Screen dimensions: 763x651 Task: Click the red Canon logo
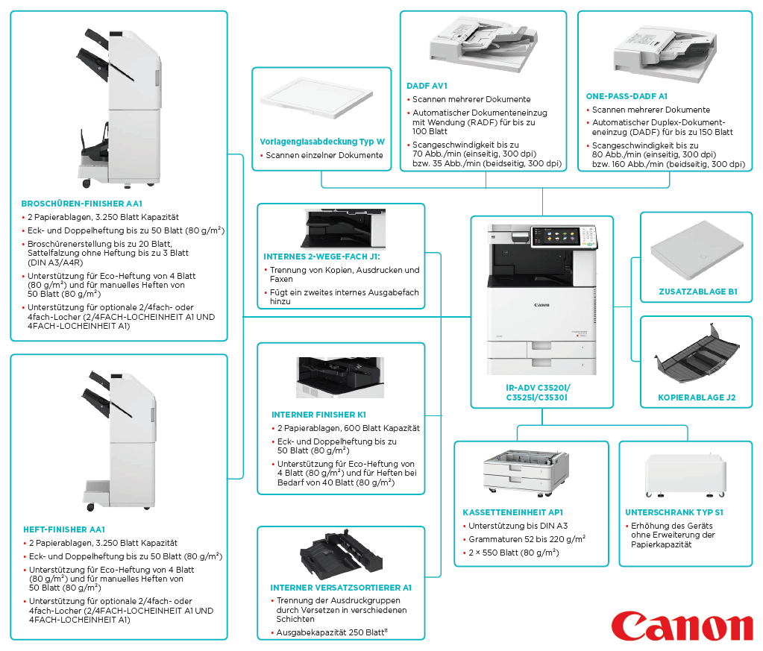click(682, 626)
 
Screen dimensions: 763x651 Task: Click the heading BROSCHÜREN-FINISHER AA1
click(82, 204)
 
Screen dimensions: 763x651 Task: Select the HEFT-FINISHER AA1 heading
click(64, 529)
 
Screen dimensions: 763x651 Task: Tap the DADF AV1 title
click(427, 86)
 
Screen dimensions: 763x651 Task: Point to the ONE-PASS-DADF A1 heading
click(627, 96)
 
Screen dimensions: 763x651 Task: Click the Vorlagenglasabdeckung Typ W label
click(322, 142)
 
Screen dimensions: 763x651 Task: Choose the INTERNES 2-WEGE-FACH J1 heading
click(321, 257)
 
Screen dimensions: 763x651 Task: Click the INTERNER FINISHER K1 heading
click(318, 415)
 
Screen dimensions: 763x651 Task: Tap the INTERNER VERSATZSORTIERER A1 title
click(341, 588)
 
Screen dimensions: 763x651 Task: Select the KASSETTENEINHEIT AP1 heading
click(513, 512)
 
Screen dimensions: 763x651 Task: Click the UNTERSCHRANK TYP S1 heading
click(674, 512)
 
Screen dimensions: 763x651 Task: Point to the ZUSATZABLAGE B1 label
click(698, 292)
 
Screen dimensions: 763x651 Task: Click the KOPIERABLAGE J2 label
click(697, 397)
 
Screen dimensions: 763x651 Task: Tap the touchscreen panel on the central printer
click(556, 236)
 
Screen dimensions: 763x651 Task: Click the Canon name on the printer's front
click(541, 305)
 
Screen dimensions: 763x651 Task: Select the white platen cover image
click(316, 98)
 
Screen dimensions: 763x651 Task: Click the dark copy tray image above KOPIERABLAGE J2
click(697, 353)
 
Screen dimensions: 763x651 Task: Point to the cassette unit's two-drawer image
click(526, 473)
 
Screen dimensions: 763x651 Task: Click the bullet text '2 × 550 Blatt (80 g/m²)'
click(513, 553)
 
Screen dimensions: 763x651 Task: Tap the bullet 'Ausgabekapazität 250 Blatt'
click(332, 632)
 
